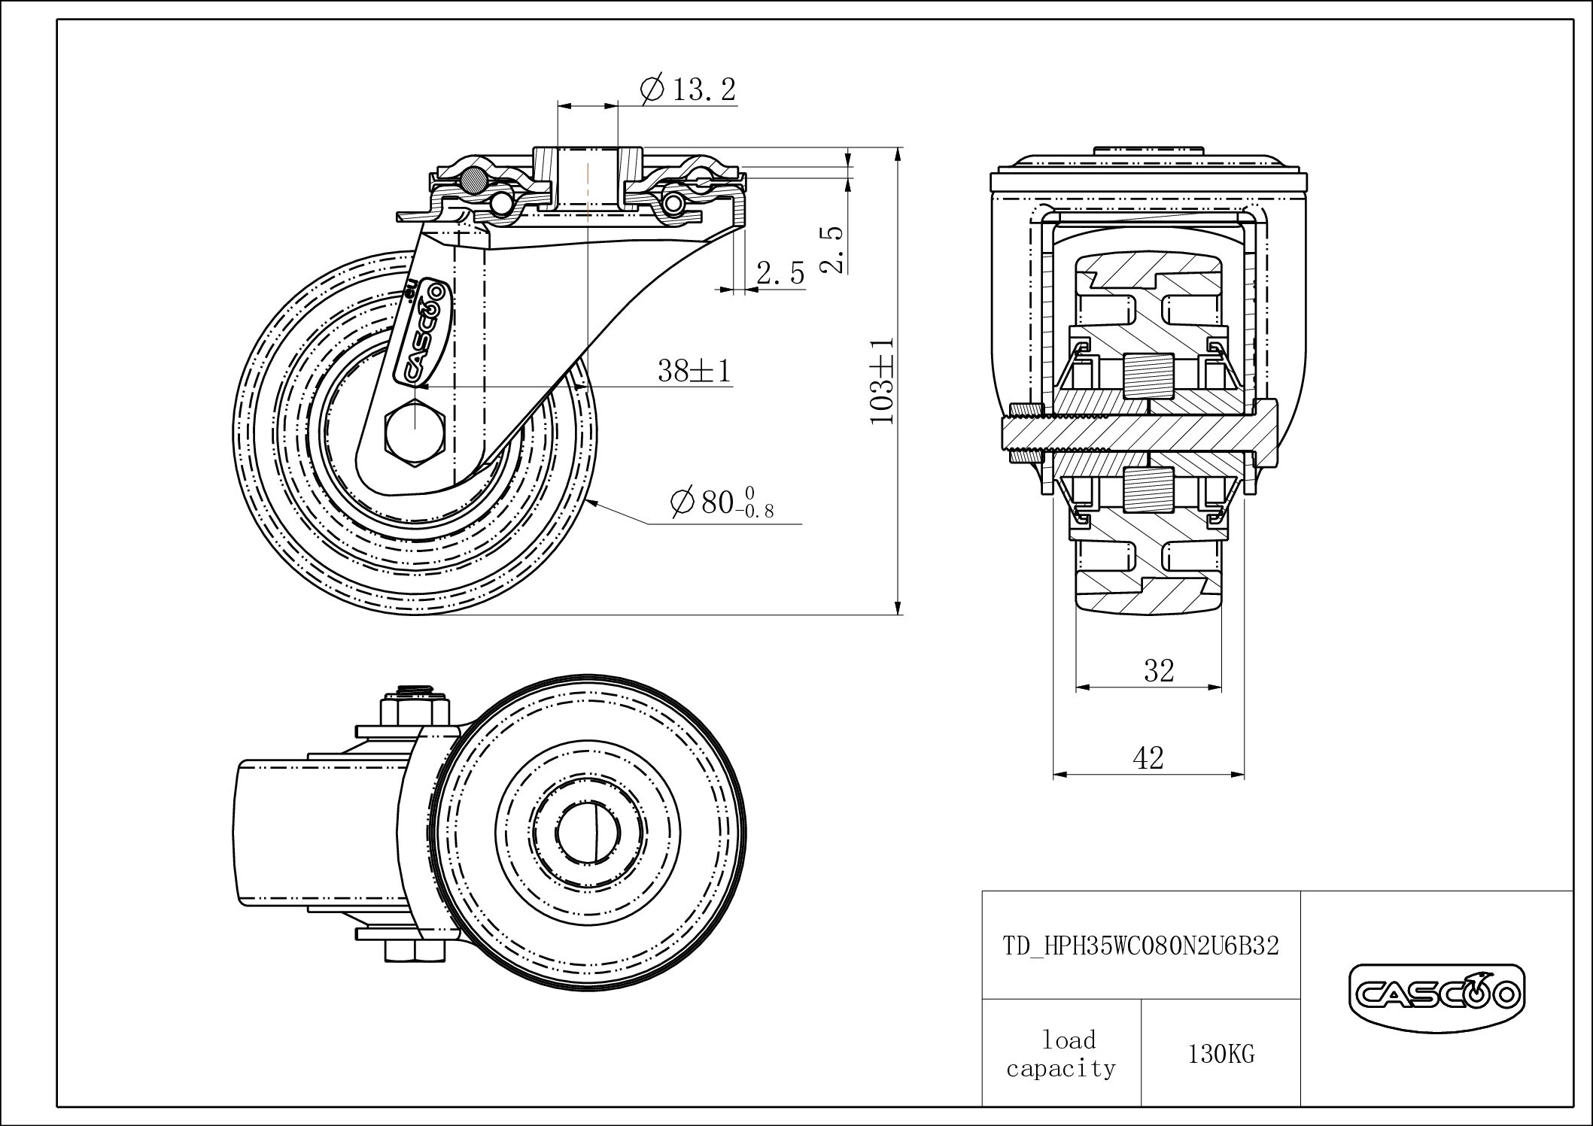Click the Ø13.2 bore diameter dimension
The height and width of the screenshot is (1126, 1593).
688,90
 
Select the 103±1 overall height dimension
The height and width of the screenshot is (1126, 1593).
882,381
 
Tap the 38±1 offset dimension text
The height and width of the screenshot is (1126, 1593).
694,370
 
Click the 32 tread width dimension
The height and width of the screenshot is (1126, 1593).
1158,669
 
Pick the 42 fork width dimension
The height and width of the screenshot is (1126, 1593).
1148,757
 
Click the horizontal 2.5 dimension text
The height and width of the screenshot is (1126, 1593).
780,274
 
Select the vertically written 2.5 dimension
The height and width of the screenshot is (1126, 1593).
834,248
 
